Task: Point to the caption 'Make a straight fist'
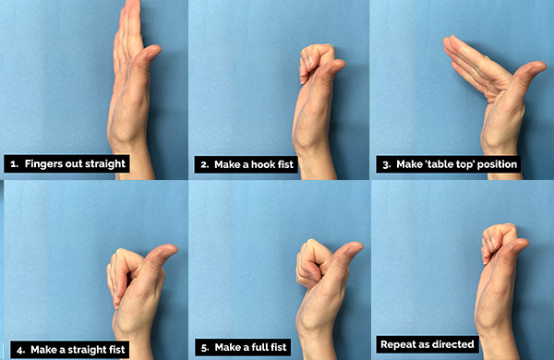[67, 349]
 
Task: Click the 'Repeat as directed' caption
[427, 344]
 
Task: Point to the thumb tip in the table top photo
[537, 68]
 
